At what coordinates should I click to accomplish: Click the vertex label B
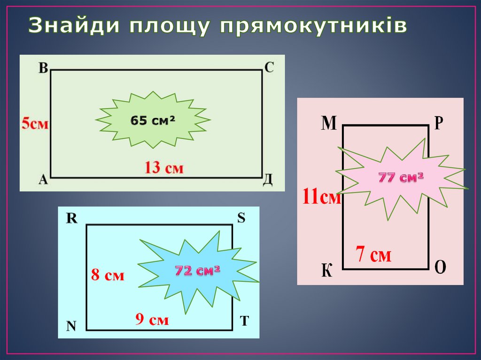(x=43, y=69)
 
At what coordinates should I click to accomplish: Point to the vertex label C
(x=269, y=68)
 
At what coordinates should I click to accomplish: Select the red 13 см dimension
(x=164, y=167)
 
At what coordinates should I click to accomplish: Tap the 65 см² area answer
(x=153, y=121)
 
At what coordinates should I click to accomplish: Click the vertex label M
(x=329, y=123)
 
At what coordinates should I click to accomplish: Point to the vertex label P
(x=438, y=123)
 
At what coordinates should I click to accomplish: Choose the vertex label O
(x=440, y=268)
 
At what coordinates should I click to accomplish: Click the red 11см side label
(x=321, y=197)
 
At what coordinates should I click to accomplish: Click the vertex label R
(x=71, y=218)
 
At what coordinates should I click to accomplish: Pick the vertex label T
(x=244, y=321)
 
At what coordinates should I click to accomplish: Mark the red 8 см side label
(x=108, y=276)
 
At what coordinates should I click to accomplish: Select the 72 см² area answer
(x=198, y=271)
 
